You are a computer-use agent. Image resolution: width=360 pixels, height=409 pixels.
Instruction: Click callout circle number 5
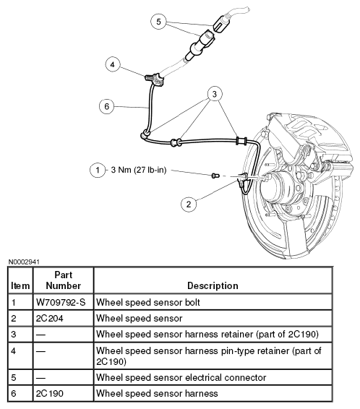(158, 22)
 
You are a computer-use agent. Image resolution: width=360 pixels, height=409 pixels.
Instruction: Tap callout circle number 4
(113, 64)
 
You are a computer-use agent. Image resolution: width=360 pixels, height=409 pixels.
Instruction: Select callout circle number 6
(107, 106)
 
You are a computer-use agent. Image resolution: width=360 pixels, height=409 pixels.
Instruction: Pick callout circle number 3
(215, 94)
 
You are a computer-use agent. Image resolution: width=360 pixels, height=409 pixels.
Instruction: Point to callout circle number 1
(98, 171)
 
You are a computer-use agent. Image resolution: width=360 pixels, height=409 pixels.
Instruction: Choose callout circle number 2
(189, 204)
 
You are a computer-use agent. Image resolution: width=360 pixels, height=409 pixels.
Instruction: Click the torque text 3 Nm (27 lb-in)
(139, 170)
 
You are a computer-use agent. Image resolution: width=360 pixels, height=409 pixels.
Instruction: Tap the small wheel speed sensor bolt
(215, 176)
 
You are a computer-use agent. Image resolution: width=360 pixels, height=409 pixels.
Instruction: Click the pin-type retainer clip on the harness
(154, 79)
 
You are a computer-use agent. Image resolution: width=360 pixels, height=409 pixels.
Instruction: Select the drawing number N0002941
(24, 262)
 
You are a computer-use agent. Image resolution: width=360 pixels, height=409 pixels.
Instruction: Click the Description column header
(213, 285)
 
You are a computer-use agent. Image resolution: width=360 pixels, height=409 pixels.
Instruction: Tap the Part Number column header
(64, 280)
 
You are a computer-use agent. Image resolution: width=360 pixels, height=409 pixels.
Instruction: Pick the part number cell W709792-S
(61, 302)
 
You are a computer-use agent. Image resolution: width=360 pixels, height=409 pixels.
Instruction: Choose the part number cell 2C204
(50, 319)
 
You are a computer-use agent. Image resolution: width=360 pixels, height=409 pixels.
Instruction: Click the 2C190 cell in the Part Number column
(50, 393)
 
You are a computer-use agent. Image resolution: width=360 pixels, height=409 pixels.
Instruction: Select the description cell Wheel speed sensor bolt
(148, 302)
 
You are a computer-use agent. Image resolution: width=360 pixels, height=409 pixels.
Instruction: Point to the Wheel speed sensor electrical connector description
(181, 377)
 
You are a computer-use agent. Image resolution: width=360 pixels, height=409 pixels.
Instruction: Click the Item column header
(20, 286)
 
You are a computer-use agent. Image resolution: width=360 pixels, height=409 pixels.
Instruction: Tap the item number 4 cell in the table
(14, 351)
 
